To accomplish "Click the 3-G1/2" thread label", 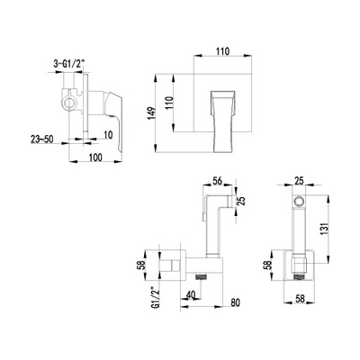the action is coord(67,64).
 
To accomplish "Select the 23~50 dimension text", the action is coord(41,139).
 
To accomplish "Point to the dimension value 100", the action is coord(95,157).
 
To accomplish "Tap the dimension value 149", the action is coord(152,113).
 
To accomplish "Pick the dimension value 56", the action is coord(217,181).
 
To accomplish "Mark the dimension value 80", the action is coord(236,302).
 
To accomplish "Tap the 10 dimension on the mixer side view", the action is coord(108,135).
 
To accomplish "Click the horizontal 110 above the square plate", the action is coord(223,51).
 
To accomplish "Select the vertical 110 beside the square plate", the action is coord(169,103).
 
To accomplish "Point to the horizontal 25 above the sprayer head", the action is coord(299,181).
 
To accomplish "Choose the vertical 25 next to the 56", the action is coord(242,201).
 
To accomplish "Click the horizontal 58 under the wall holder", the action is coord(300,299).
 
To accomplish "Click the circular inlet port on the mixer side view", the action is coord(70,103).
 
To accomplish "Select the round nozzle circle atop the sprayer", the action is coord(298,201).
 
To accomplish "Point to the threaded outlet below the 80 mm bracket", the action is coord(202,276).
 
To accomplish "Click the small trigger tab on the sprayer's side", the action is coord(203,216).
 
